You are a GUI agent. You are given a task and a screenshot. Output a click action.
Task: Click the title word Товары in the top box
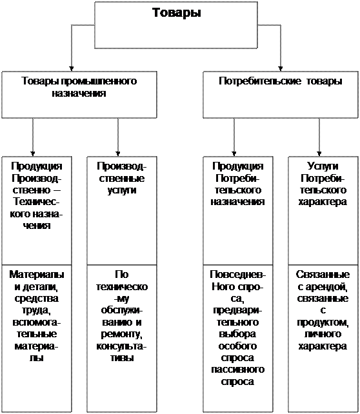(x=176, y=13)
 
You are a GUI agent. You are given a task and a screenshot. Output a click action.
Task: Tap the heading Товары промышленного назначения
(x=79, y=87)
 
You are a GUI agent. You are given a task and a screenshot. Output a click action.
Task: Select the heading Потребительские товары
(x=281, y=81)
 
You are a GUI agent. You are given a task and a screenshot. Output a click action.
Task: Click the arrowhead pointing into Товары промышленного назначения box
(x=72, y=68)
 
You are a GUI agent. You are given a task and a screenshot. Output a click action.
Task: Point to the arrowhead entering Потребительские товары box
(x=281, y=68)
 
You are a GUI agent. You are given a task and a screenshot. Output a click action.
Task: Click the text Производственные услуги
(x=122, y=178)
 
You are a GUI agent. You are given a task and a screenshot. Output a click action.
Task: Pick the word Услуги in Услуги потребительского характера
(x=323, y=166)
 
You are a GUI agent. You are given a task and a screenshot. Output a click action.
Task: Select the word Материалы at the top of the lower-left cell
(x=37, y=275)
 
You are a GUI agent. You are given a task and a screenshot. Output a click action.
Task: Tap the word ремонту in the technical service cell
(x=122, y=334)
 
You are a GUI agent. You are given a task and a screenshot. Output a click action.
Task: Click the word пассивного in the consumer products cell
(x=237, y=370)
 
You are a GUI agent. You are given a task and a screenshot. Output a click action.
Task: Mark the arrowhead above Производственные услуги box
(x=118, y=153)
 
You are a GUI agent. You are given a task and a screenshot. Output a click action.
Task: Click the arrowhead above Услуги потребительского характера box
(x=319, y=153)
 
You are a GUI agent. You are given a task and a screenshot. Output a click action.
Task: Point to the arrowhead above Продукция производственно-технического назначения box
(x=33, y=153)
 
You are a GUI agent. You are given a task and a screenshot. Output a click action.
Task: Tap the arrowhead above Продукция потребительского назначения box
(x=234, y=153)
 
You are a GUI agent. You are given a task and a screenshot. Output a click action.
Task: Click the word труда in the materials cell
(x=36, y=311)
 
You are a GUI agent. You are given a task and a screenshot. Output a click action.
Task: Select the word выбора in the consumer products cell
(x=237, y=334)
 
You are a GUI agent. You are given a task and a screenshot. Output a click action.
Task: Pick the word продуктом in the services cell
(x=323, y=322)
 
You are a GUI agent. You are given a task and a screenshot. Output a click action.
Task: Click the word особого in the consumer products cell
(x=237, y=346)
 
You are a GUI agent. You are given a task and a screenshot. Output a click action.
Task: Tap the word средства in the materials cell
(x=36, y=299)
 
